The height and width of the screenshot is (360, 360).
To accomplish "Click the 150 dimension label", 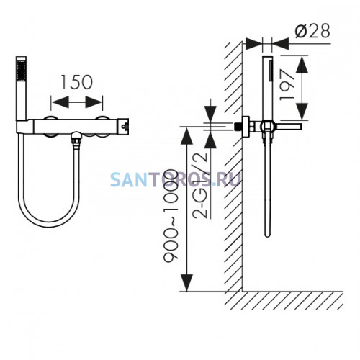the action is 77,82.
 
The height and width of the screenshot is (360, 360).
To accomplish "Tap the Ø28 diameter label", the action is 312,31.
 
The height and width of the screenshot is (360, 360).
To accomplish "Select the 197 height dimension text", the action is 287,86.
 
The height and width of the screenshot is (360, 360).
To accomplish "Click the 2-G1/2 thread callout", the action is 199,184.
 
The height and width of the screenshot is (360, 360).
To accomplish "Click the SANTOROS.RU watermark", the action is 176,179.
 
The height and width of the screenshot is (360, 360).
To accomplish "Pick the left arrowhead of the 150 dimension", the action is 60,102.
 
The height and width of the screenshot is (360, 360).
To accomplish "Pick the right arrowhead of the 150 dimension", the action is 94,102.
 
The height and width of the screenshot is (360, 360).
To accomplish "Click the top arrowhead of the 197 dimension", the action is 302,65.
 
